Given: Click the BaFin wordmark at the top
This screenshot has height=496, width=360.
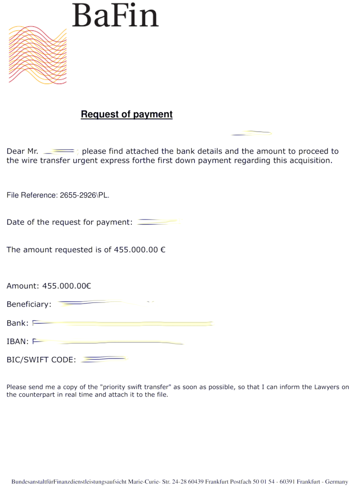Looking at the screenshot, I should pyautogui.click(x=115, y=15).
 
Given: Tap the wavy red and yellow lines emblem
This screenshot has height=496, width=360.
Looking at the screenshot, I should pyautogui.click(x=37, y=55).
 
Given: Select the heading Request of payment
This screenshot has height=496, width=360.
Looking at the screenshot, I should pyautogui.click(x=126, y=114).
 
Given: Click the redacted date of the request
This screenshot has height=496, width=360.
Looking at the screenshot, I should pyautogui.click(x=157, y=222).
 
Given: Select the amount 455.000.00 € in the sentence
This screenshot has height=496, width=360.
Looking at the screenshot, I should pyautogui.click(x=140, y=250).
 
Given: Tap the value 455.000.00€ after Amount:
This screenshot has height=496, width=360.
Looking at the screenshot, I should pyautogui.click(x=67, y=286).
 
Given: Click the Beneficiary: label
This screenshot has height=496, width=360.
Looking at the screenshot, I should pyautogui.click(x=29, y=305).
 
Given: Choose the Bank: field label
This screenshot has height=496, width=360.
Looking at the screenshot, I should pyautogui.click(x=17, y=323).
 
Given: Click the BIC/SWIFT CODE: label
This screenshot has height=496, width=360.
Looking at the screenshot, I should pyautogui.click(x=41, y=360).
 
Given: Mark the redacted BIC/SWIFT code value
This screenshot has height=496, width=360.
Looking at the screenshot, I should pyautogui.click(x=104, y=359).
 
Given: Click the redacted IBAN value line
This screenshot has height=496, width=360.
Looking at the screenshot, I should pyautogui.click(x=109, y=342).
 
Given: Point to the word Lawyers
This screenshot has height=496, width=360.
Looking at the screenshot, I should pyautogui.click(x=325, y=387).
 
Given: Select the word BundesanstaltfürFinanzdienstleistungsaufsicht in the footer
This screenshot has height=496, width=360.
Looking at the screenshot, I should pyautogui.click(x=69, y=482).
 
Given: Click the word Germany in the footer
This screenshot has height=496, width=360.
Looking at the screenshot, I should pyautogui.click(x=336, y=482).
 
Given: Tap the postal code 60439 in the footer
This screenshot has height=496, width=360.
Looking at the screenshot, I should pyautogui.click(x=195, y=482).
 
